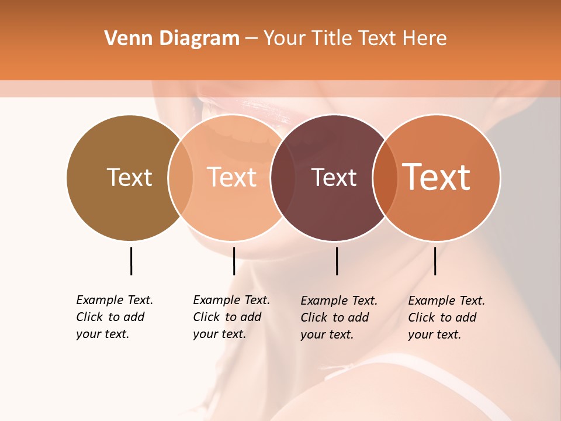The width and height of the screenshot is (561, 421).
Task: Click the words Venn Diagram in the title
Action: point(172,39)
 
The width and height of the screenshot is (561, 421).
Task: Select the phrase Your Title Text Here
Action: point(355,39)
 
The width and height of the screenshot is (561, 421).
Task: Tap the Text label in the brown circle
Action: point(129,177)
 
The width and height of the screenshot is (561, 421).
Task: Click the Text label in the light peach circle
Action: point(231,177)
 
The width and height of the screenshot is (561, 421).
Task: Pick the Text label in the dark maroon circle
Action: point(334,177)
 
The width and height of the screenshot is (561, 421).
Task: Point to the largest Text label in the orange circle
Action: point(436,177)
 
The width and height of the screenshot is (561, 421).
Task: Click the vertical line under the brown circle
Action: point(131,261)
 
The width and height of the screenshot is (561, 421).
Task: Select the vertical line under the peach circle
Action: point(234,261)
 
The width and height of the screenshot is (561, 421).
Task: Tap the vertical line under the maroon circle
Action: point(337,261)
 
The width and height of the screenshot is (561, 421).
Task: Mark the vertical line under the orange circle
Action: point(435,261)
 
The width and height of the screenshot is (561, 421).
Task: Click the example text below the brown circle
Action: point(115,317)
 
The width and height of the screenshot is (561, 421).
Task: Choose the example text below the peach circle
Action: point(231,317)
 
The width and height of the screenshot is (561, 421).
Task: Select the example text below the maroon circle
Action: point(339,318)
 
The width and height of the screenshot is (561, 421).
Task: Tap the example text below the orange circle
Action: point(446,318)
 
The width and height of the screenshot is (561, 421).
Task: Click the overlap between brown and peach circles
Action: point(181,177)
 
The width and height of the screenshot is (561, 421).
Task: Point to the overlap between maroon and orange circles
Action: point(385,177)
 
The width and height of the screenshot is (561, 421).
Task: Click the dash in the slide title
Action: point(251,39)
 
